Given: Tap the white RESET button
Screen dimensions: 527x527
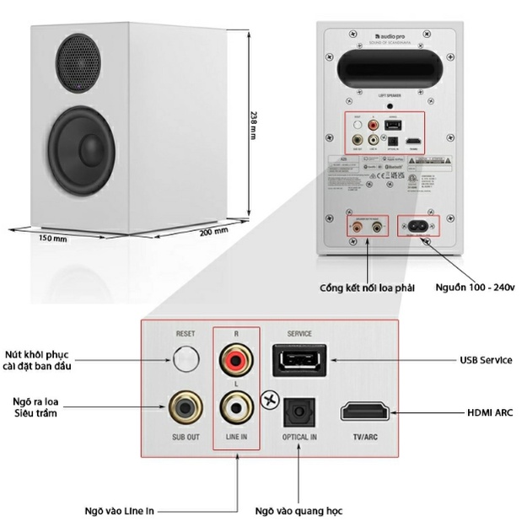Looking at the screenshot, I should click(185, 363).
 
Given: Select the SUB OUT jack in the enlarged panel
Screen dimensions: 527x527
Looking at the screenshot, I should click(185, 411).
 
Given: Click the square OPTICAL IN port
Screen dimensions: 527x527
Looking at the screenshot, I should click(298, 411).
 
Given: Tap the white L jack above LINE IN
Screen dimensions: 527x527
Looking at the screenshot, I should click(236, 409).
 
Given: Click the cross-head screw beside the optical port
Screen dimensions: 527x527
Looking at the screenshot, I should click(271, 401).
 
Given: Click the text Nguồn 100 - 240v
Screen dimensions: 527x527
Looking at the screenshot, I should click(475, 288).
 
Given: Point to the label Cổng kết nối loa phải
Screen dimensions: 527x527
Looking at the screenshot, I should click(368, 288).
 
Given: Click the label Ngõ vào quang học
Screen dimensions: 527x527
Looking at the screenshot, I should click(298, 510).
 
